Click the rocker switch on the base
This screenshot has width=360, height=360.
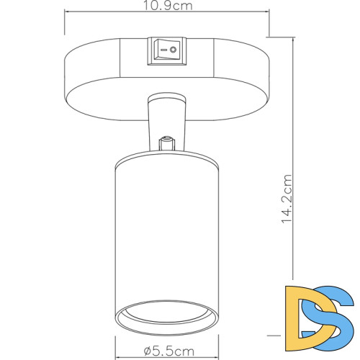[x=167, y=51]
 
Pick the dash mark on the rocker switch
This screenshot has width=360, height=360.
[x=161, y=51]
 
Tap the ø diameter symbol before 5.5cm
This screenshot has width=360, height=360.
[x=147, y=351]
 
